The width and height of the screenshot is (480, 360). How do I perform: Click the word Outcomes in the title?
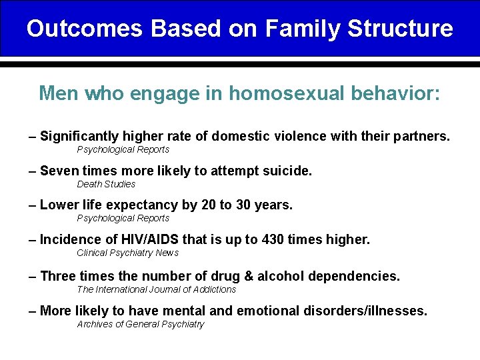[85, 29]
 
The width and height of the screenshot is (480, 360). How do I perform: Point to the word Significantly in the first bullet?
[83, 137]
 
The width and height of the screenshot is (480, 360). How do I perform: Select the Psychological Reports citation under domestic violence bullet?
[123, 150]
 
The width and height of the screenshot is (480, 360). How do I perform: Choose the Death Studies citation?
[106, 184]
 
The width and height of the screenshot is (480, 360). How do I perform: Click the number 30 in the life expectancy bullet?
[244, 205]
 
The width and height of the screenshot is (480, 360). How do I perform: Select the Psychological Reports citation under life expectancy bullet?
[123, 219]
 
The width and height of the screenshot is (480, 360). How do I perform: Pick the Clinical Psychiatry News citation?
[128, 253]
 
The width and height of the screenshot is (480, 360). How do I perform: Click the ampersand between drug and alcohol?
[253, 276]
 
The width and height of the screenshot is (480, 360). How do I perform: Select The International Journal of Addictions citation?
[157, 289]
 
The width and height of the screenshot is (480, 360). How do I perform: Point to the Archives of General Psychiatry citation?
[141, 325]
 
